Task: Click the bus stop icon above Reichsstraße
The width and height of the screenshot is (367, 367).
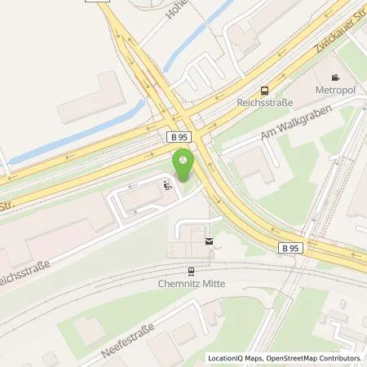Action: tap(263, 92)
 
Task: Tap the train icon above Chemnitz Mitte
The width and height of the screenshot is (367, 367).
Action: tap(191, 272)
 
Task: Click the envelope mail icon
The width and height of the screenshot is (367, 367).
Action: tap(209, 241)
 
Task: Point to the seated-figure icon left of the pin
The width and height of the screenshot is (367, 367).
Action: tap(167, 186)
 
